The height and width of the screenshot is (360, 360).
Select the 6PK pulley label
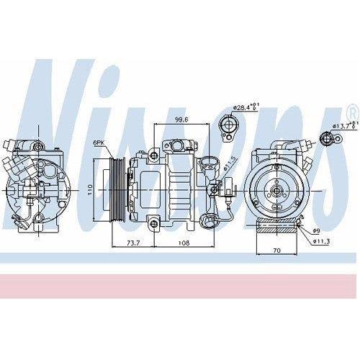coord(99,144)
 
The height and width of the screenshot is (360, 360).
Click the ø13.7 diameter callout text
coord(343,127)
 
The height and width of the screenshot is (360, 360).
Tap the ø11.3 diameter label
coord(321,240)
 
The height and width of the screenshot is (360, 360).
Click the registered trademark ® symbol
coord(351,113)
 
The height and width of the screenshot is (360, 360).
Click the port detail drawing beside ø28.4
coord(228,127)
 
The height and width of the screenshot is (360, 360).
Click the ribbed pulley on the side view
coord(115,189)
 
